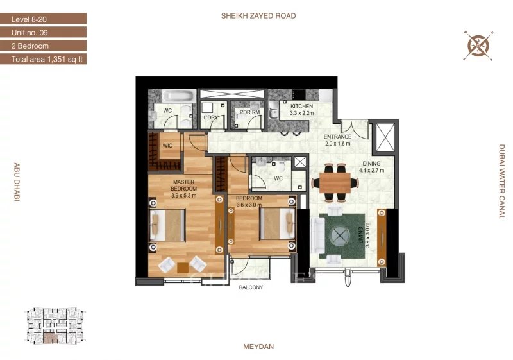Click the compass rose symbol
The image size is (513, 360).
(x=478, y=46)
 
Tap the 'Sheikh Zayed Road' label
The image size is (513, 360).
(x=258, y=15)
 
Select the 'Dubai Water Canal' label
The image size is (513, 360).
(x=502, y=182)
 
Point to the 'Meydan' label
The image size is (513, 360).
(x=258, y=347)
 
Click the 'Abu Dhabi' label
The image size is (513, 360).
(x=17, y=182)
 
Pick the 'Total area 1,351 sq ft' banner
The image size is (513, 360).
(x=43, y=59)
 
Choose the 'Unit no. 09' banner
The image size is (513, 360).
(x=43, y=32)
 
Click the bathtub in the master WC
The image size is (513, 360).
(x=179, y=96)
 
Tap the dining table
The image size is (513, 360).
(x=335, y=183)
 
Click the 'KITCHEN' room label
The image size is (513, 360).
(x=301, y=106)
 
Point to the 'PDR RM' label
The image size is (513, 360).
(x=249, y=112)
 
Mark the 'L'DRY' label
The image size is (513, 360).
(x=211, y=117)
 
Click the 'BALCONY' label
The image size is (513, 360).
(x=251, y=287)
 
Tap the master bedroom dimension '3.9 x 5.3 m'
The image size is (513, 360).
(x=183, y=196)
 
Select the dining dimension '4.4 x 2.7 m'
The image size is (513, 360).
(x=371, y=170)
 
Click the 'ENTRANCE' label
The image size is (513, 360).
(x=338, y=137)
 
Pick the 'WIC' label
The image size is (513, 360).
(x=167, y=145)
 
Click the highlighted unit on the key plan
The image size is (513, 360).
(x=51, y=338)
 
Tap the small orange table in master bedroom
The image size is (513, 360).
(x=183, y=268)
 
